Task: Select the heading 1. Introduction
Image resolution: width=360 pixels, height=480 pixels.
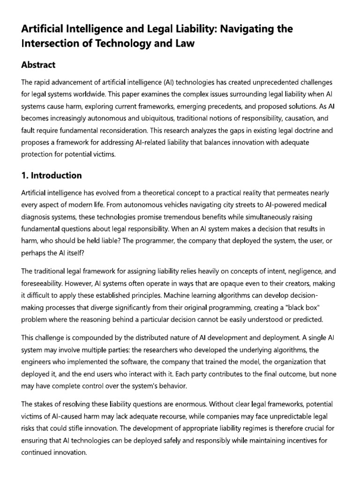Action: (x=52, y=175)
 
